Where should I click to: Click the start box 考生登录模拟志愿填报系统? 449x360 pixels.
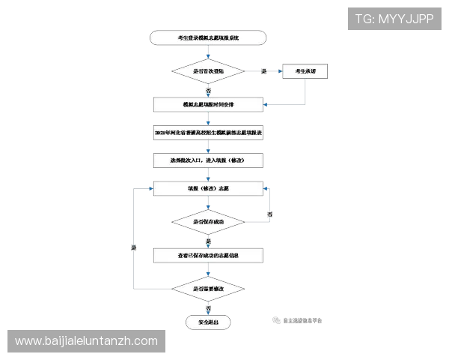tap(208, 37)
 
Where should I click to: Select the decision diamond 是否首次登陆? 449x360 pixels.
tap(208, 71)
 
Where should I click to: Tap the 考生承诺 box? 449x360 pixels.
tap(305, 71)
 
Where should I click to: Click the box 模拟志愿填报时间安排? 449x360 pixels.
tap(208, 104)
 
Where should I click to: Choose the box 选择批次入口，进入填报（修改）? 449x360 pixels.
tap(208, 160)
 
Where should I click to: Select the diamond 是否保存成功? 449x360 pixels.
tap(208, 223)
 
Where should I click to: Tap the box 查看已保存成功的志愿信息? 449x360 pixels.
tap(208, 255)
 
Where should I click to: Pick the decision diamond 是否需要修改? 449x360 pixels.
tap(208, 288)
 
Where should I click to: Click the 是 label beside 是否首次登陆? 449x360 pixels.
tap(263, 72)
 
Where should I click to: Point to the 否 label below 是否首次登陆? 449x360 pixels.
tap(207, 89)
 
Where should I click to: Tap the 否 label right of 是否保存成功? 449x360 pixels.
tap(269, 216)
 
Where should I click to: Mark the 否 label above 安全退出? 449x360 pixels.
tap(208, 307)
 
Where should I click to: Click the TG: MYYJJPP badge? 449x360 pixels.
tap(394, 19)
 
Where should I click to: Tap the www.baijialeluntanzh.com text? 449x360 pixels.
tap(86, 341)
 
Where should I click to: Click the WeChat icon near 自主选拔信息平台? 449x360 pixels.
tap(276, 319)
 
